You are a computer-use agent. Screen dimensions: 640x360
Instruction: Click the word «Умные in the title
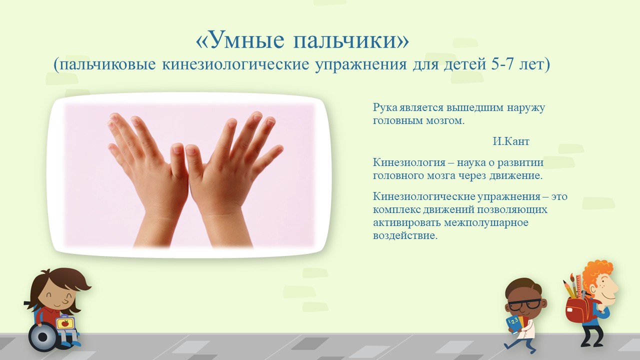[x=240, y=40]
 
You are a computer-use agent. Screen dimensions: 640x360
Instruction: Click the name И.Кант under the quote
[x=511, y=141]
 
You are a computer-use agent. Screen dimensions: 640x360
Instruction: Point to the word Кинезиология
[x=409, y=163]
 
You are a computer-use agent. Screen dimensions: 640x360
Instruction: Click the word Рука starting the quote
[x=385, y=107]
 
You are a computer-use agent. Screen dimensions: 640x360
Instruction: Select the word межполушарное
[x=486, y=222]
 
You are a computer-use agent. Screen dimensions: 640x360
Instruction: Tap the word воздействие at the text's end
[x=405, y=235]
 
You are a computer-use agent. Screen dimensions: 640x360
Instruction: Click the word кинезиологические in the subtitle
[x=235, y=64]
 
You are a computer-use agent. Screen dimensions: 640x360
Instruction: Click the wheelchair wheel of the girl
[x=43, y=337]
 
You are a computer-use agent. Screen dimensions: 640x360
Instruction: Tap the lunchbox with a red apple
[x=65, y=322]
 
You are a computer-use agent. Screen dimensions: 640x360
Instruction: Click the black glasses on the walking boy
[x=524, y=304]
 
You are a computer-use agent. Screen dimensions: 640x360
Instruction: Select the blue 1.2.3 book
[x=512, y=323]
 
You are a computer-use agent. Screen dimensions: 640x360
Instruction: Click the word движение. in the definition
[x=515, y=175]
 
